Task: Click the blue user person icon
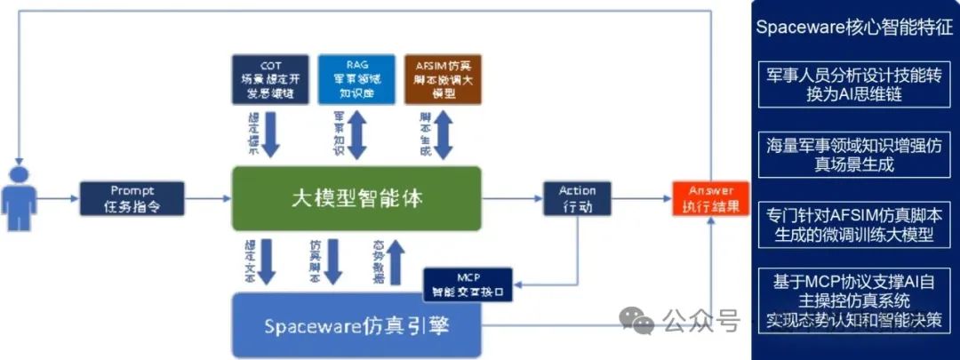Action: point(18,198)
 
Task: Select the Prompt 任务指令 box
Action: point(132,198)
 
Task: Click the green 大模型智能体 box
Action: point(356,198)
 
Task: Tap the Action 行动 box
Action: point(577,199)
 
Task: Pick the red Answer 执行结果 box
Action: point(710,198)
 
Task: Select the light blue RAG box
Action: point(356,79)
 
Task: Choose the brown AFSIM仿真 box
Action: point(443,79)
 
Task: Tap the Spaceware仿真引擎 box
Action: point(356,324)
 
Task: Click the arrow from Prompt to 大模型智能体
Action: point(208,199)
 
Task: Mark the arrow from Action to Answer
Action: point(642,199)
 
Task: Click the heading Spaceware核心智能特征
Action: point(853,26)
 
